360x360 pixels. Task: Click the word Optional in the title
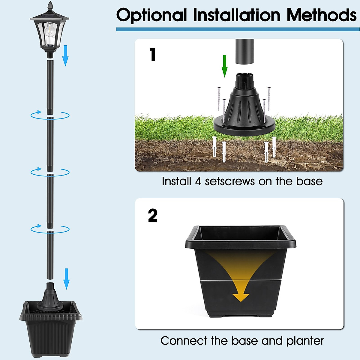151,15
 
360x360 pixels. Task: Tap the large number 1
153,55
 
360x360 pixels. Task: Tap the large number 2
153,215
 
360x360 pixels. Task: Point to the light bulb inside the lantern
48,30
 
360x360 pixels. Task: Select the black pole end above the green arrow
244,52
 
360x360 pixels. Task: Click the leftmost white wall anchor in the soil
214,147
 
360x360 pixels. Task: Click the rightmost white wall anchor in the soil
274,147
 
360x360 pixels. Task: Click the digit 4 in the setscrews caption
198,181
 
